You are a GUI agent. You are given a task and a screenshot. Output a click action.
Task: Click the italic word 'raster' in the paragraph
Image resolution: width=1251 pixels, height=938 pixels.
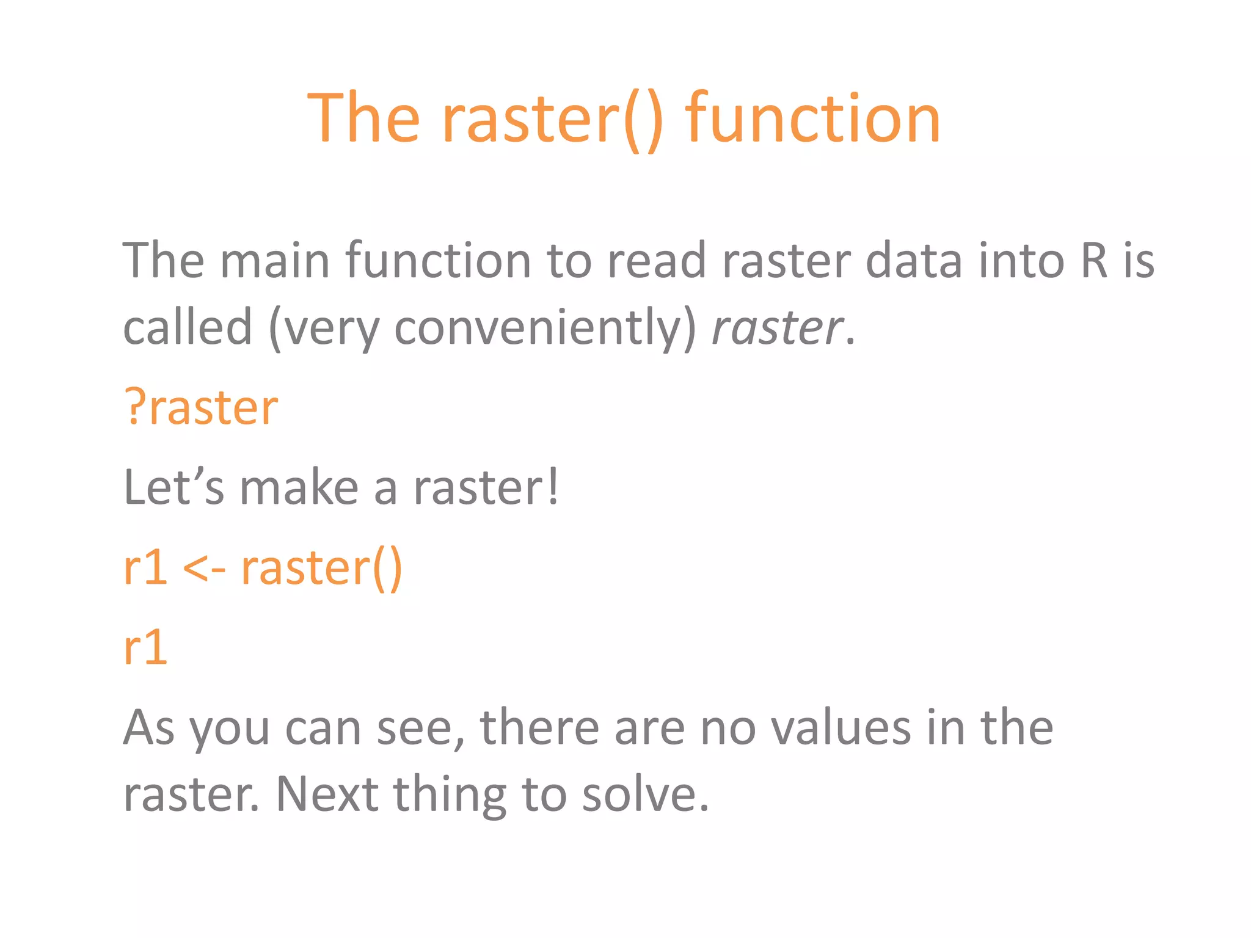777,328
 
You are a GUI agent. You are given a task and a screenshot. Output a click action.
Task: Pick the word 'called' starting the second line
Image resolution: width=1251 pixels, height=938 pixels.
187,328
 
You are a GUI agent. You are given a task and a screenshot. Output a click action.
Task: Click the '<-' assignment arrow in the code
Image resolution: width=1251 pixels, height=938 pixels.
204,568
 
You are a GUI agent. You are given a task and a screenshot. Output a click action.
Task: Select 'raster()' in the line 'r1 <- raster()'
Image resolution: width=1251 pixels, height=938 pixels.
322,568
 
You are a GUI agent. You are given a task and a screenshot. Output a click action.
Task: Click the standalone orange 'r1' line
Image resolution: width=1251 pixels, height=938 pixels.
145,647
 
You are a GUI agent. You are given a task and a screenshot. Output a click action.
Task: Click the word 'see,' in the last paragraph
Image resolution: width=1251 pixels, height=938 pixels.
421,727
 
